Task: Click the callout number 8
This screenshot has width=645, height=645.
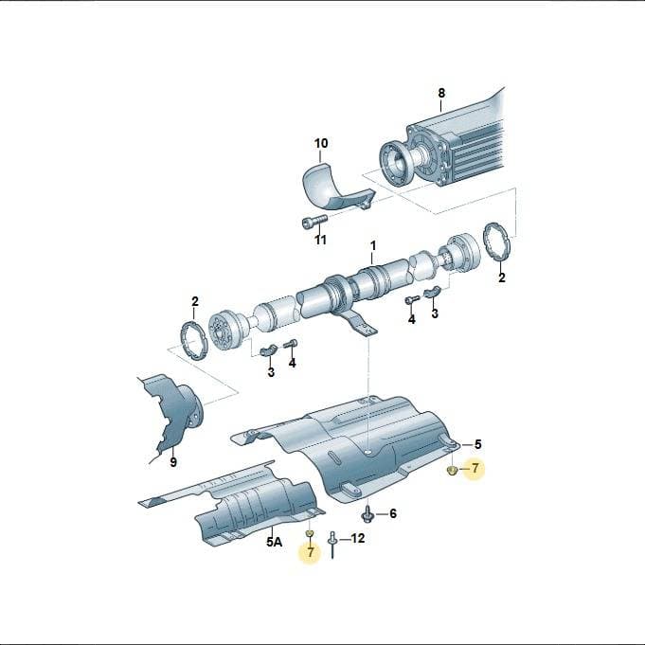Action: (441, 93)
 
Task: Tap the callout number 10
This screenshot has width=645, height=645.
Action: (321, 144)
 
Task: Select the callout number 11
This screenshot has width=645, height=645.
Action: (320, 240)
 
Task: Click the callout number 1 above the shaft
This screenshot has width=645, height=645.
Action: (372, 246)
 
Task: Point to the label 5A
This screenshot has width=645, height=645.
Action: (275, 542)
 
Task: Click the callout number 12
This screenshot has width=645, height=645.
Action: (357, 538)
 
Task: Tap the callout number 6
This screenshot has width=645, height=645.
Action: (393, 513)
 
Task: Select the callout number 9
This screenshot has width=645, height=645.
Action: (173, 462)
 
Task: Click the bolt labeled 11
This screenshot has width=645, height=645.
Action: (314, 223)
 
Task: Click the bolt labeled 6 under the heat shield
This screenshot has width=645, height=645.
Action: (367, 514)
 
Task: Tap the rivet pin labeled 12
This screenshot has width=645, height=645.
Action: (332, 545)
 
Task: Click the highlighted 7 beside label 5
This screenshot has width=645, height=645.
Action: (475, 468)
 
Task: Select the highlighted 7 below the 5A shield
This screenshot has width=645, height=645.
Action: (311, 552)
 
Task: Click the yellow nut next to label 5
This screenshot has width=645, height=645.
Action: (452, 470)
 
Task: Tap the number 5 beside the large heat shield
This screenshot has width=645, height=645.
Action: (477, 444)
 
